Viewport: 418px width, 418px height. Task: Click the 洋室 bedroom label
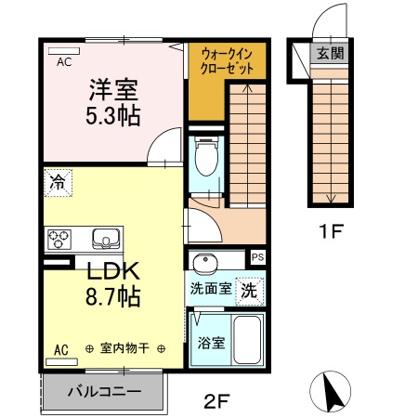coord(113,90)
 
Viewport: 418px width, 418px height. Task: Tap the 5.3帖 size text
coord(113,117)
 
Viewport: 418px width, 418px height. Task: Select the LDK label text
coord(113,272)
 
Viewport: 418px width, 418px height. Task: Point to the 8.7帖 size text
coord(113,298)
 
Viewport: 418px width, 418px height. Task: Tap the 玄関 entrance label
coord(328,53)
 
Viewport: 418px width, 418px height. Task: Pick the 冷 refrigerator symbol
coord(58,183)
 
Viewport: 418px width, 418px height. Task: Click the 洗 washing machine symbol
coord(249,289)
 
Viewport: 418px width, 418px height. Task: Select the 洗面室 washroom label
coord(211,289)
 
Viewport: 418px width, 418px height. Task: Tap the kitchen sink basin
coord(108,240)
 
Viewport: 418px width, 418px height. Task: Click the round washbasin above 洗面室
coord(206,261)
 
